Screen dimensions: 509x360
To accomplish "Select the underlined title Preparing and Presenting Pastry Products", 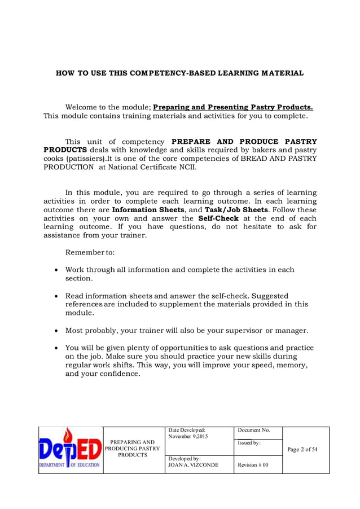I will [233, 107].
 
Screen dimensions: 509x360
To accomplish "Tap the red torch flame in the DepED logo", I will [69, 436].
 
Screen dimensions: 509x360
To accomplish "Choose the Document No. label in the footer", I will [254, 430].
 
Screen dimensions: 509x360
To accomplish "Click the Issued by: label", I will [249, 444].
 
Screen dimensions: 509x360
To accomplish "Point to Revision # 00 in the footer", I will [253, 465].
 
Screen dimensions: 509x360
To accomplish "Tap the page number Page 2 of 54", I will [302, 450].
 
